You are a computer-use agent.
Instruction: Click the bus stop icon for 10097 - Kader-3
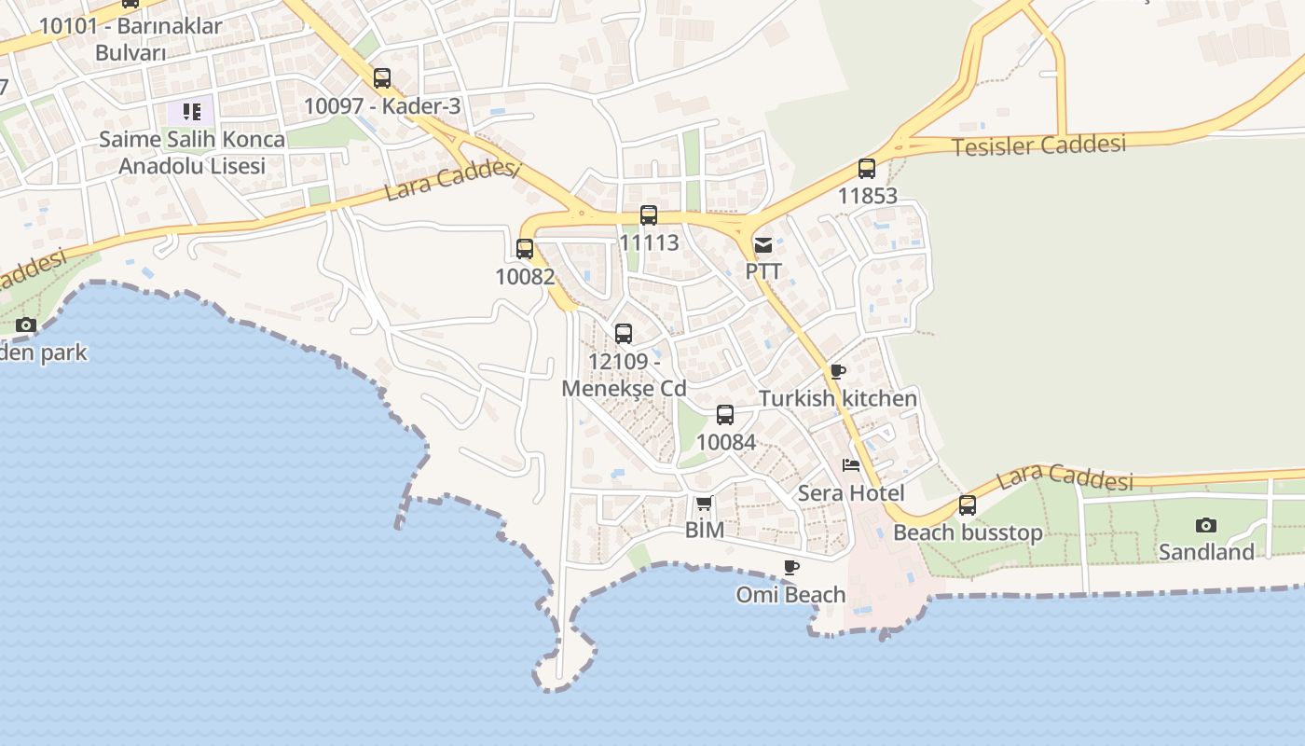[382, 78]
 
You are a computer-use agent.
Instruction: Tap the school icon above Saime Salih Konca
[191, 113]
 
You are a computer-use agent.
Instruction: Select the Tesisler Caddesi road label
[1038, 145]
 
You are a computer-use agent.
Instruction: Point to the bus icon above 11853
[867, 169]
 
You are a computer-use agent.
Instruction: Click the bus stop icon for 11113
[649, 215]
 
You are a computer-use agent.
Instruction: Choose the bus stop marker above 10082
[525, 249]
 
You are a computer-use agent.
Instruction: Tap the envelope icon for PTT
[763, 245]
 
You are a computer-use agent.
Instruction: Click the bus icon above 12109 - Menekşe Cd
[624, 333]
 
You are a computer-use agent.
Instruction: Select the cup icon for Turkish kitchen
[837, 371]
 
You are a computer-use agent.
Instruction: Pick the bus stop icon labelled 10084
[725, 415]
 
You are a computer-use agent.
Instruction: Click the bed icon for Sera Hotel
[850, 465]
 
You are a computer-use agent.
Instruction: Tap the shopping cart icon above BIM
[705, 504]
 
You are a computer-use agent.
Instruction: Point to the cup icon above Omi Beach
[790, 567]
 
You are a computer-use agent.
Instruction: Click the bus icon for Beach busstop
[968, 505]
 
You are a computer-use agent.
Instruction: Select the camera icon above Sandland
[1206, 525]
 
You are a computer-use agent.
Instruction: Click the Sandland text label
[1206, 552]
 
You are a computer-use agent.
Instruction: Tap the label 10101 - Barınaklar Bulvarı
[130, 38]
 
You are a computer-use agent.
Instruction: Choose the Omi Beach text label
[790, 594]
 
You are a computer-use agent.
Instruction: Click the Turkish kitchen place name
[837, 398]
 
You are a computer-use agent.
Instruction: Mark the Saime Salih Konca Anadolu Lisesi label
[192, 152]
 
